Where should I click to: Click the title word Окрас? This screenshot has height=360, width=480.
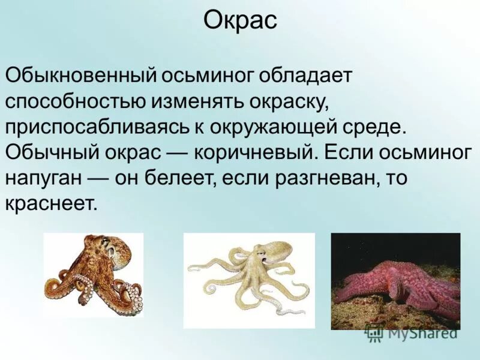pyautogui.click(x=240, y=22)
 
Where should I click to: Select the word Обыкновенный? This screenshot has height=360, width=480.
pyautogui.click(x=80, y=76)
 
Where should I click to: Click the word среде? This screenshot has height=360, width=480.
pyautogui.click(x=381, y=127)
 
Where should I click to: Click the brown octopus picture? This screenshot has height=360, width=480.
pyautogui.click(x=94, y=275)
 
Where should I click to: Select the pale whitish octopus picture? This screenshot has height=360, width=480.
pyautogui.click(x=248, y=280)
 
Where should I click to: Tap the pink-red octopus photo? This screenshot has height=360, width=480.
pyautogui.click(x=395, y=281)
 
